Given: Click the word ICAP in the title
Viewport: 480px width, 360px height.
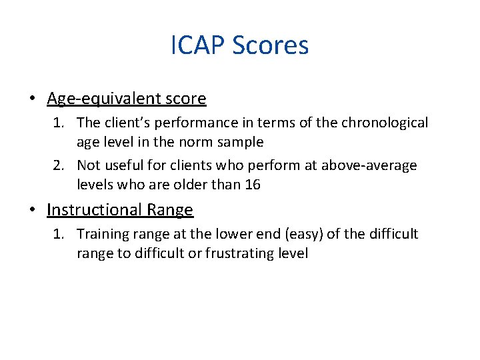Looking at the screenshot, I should [197, 46].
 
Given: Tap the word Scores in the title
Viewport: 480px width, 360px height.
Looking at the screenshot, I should [270, 46].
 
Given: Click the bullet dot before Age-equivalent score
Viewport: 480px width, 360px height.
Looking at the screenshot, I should [33, 99].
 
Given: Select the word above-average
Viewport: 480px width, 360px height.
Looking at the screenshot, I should [369, 165].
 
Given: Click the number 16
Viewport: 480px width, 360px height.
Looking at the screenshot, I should [252, 184].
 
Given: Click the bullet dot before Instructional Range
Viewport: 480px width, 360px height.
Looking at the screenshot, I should [33, 211].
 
